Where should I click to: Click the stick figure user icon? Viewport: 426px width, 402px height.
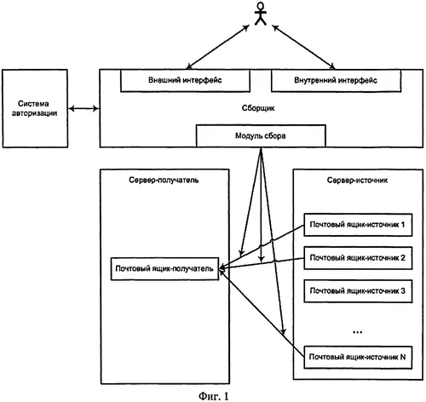click(261, 14)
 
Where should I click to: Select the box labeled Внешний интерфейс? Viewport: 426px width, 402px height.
click(185, 81)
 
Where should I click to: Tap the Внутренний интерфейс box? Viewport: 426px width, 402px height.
click(336, 81)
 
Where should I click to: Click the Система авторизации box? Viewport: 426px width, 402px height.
click(35, 108)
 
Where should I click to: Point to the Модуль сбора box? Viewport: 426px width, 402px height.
click(261, 135)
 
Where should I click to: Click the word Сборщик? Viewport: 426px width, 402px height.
click(258, 108)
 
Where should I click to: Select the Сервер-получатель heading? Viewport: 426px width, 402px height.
click(164, 180)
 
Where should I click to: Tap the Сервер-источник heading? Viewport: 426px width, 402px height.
click(357, 181)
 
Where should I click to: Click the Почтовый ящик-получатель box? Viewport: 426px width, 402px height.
click(164, 269)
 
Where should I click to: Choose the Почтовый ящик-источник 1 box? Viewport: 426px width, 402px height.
click(358, 225)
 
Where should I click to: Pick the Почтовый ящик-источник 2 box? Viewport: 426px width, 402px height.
click(358, 258)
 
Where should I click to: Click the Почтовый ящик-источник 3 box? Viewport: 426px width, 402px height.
click(358, 291)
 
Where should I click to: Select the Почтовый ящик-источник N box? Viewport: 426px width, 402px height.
click(358, 357)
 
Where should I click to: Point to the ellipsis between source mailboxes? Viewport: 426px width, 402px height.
click(357, 331)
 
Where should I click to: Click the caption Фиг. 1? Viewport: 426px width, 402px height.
click(213, 396)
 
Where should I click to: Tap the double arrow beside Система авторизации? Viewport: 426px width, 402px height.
click(83, 108)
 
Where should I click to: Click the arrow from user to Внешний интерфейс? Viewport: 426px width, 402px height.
click(218, 47)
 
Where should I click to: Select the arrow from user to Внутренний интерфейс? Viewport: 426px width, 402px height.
click(303, 47)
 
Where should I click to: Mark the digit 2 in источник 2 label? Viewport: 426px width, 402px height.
click(403, 258)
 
